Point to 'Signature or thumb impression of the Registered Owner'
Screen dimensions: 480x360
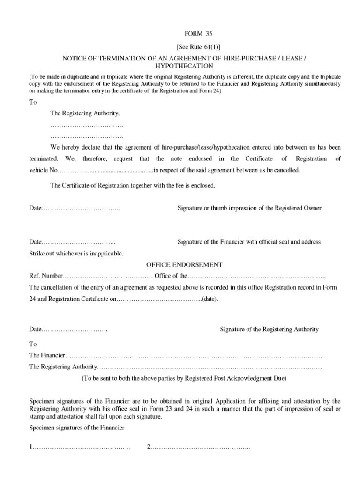[x=249, y=208]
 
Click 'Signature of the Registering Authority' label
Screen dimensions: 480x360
[x=270, y=330]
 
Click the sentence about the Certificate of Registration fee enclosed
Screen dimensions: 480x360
[x=133, y=185]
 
